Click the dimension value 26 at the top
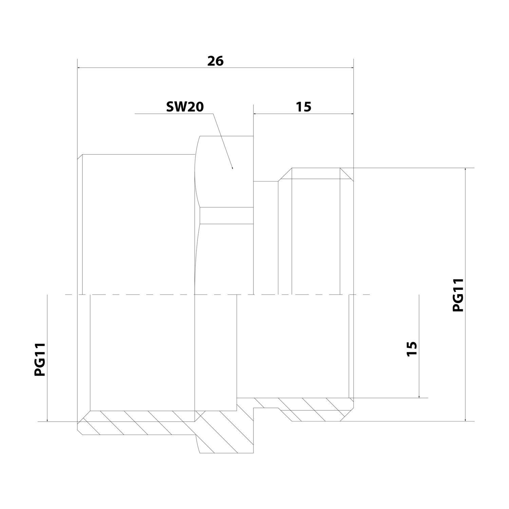215,61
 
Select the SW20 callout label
185,107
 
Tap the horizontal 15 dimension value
303,107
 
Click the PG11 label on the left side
40,359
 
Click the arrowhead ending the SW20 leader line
232,167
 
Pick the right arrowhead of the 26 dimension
351,68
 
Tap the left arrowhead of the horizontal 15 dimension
256,114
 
